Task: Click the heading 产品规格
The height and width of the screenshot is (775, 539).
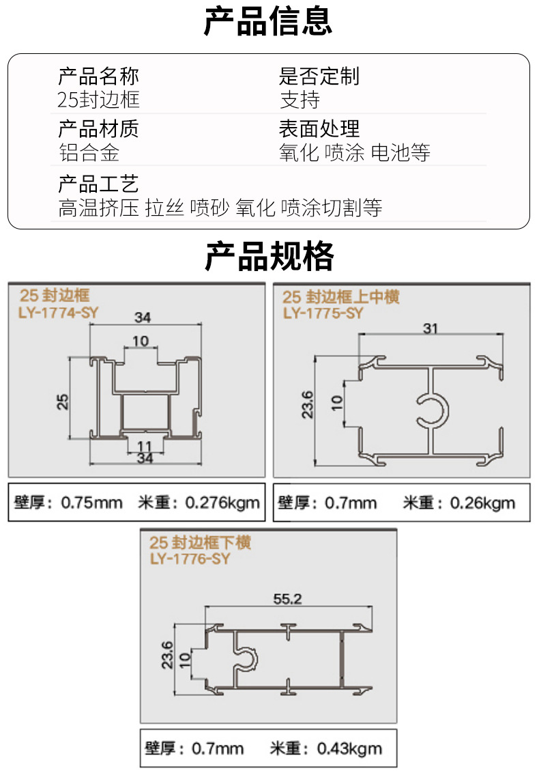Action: (x=269, y=257)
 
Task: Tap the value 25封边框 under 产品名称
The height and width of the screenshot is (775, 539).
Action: (x=99, y=100)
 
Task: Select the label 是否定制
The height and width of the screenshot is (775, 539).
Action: (x=319, y=76)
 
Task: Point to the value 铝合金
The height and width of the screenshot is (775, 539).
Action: (x=89, y=152)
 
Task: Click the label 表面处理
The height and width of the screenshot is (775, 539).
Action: (x=319, y=128)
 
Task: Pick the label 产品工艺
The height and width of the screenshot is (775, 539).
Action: (x=99, y=184)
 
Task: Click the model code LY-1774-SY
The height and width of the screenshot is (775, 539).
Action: (x=55, y=313)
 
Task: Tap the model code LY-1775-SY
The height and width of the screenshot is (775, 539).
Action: (x=323, y=313)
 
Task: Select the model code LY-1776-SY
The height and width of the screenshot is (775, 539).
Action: (x=190, y=559)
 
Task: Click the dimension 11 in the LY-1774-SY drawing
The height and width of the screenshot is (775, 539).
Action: (x=145, y=447)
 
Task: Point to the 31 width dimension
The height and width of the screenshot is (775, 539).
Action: (x=431, y=328)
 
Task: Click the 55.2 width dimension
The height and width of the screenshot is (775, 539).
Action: (x=287, y=599)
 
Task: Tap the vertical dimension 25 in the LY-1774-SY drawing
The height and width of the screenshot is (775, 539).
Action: (x=63, y=400)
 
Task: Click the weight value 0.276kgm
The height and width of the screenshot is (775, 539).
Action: (x=222, y=503)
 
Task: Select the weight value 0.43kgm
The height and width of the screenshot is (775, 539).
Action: (x=349, y=748)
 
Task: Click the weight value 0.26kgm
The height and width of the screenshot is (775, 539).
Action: (x=482, y=503)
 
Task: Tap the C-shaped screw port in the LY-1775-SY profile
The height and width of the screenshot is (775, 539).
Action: (x=433, y=410)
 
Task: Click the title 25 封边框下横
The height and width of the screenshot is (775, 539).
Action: (x=200, y=543)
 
